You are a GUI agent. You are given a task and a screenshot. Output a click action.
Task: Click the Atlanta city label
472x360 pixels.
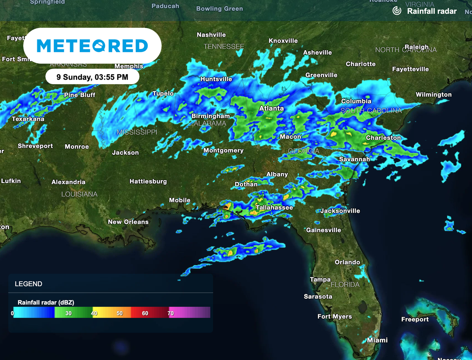tap(271, 108)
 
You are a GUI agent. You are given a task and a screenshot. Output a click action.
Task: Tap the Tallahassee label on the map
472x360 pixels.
tap(274, 208)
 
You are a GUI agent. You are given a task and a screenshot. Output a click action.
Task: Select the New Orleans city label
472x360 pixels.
tap(128, 222)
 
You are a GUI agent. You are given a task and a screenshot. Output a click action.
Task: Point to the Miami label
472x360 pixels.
tap(377, 340)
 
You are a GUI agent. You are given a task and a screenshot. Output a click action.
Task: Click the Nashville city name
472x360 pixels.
tap(211, 35)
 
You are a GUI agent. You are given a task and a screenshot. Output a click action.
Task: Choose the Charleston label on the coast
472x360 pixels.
tap(383, 138)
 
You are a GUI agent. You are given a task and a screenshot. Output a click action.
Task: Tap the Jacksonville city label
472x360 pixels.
tap(340, 211)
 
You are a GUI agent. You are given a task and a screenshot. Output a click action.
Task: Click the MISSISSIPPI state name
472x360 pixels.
tap(137, 132)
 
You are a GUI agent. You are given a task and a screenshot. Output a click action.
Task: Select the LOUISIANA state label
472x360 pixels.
tap(79, 194)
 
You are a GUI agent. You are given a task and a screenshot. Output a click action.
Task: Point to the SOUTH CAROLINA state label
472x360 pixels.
tap(371, 111)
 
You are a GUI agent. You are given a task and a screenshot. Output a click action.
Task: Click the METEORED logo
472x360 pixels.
tap(92, 46)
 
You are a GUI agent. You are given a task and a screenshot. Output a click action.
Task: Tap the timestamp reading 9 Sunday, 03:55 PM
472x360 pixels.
tap(92, 77)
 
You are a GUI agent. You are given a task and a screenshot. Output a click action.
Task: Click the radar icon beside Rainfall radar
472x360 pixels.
tap(397, 11)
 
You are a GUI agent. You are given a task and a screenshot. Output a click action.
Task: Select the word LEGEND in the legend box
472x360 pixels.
tap(28, 284)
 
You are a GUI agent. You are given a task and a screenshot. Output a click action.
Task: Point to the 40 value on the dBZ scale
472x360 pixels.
tap(94, 314)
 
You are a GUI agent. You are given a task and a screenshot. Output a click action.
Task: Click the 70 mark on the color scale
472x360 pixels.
tap(170, 314)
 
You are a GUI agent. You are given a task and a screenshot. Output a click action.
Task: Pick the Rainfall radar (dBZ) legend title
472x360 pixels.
tap(46, 302)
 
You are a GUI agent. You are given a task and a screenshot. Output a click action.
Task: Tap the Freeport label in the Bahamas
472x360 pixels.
tap(415, 319)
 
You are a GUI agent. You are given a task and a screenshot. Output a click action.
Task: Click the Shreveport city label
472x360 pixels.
tap(35, 146)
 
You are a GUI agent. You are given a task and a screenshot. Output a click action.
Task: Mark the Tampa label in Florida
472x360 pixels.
tap(320, 280)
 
